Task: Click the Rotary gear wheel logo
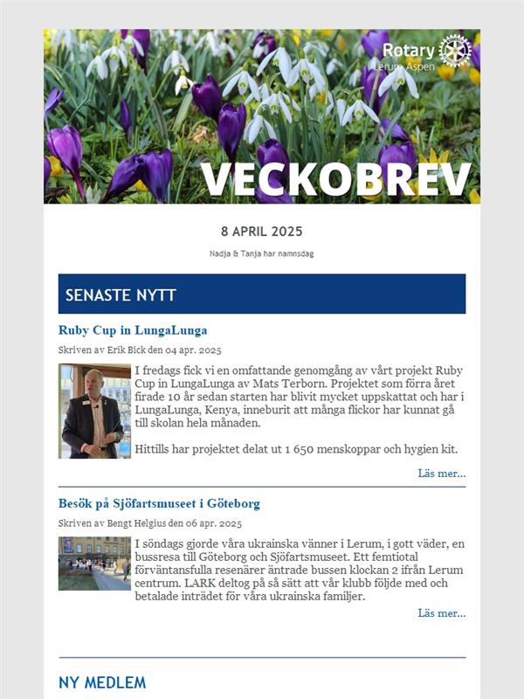pos(455,51)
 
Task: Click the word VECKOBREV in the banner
pos(336,179)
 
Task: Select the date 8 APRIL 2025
pos(262,232)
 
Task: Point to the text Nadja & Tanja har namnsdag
pos(262,253)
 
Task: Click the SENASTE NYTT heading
pos(121,295)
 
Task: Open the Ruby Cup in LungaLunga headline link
pos(133,330)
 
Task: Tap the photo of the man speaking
pos(94,411)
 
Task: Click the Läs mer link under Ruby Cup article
pos(441,474)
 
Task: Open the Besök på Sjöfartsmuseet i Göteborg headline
pos(159,504)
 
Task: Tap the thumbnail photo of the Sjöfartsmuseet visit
pos(94,563)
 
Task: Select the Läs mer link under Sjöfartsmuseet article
pos(441,613)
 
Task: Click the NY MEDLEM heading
pos(102,682)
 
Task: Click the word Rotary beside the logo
pos(408,51)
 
